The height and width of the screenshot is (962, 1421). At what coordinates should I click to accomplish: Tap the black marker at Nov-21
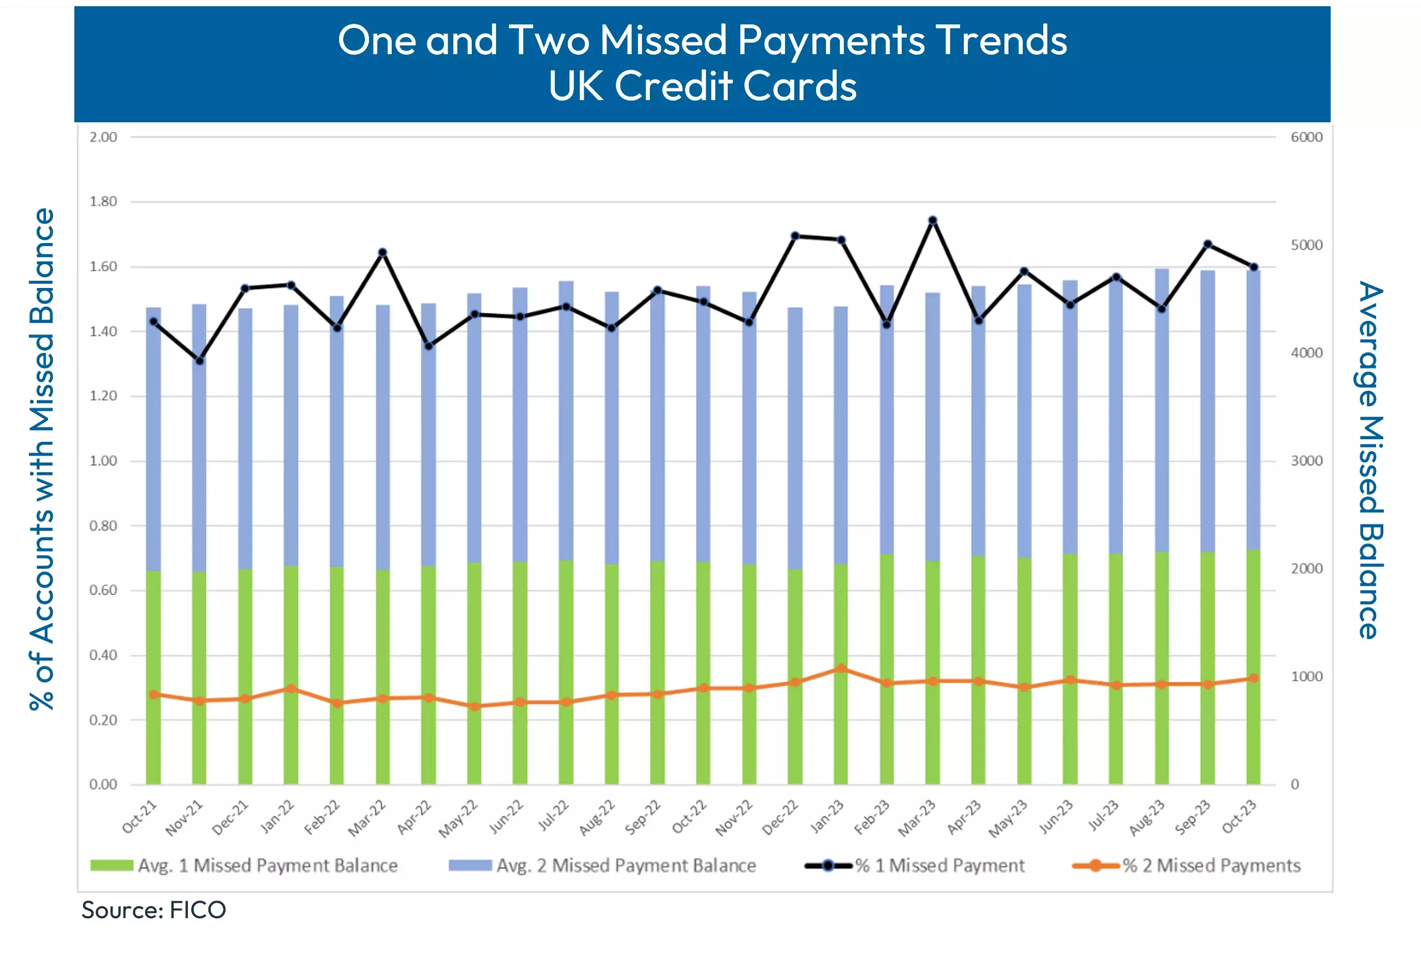click(199, 361)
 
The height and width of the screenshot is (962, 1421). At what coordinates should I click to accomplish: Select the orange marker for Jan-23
click(841, 668)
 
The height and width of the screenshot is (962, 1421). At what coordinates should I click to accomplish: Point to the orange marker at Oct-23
click(1253, 678)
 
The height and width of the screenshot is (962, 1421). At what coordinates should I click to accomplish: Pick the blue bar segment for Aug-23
click(1162, 409)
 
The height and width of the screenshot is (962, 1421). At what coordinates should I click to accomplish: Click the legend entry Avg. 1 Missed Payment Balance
click(244, 865)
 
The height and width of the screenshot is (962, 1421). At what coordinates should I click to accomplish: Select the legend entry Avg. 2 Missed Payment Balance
click(602, 865)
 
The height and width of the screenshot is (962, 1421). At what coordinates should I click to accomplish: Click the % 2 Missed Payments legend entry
click(1186, 865)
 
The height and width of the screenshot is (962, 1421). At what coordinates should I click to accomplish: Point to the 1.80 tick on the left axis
click(103, 202)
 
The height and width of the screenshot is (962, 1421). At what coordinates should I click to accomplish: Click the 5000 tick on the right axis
click(1306, 245)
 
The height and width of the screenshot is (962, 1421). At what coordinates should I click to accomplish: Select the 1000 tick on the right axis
click(1306, 677)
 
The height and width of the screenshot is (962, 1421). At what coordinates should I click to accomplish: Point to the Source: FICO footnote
click(153, 910)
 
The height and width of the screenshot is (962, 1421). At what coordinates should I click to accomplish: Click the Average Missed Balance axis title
click(1369, 460)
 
